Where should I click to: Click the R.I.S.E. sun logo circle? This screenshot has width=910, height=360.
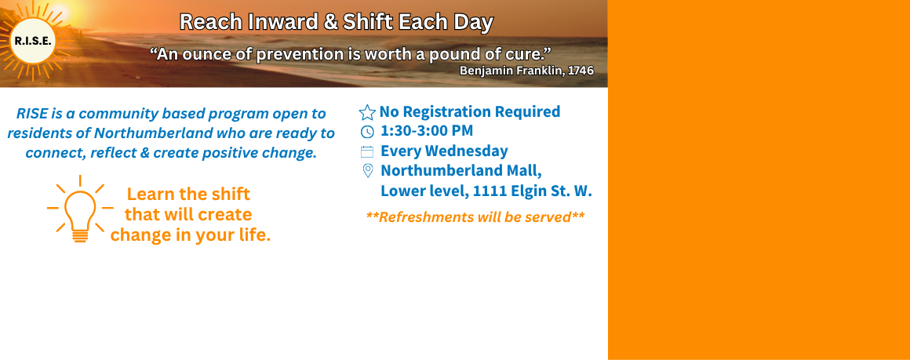point(33,42)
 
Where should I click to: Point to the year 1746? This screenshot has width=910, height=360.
point(581,71)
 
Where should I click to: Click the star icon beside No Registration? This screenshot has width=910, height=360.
point(367,113)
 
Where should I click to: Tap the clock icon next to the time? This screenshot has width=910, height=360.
point(367,132)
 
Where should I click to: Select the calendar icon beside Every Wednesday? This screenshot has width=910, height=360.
point(367,152)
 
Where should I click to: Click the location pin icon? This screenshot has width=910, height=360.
point(367,171)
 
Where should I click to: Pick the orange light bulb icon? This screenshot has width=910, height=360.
point(80,209)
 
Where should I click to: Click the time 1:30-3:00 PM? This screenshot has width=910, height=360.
point(427,131)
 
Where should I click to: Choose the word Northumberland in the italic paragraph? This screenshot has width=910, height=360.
point(154,133)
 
